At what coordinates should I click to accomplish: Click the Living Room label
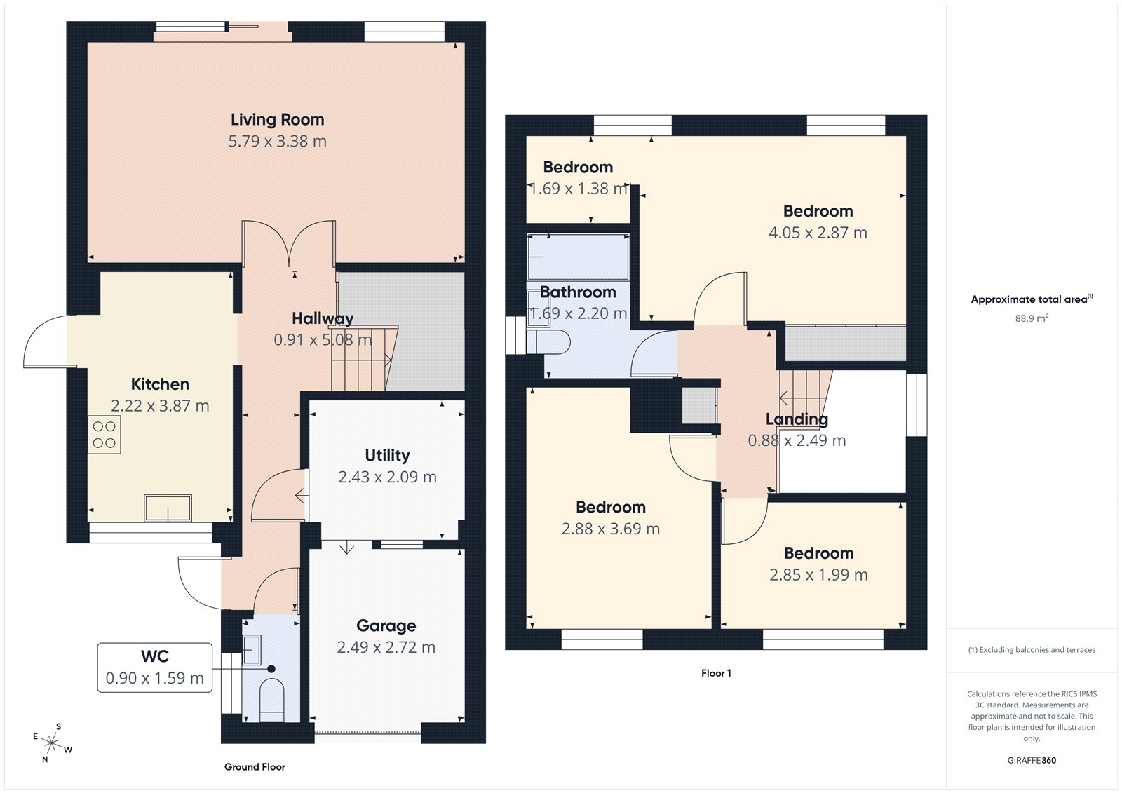277,120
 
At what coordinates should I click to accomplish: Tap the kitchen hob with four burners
104,435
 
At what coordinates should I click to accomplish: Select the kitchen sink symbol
168,508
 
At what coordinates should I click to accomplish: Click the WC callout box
154,667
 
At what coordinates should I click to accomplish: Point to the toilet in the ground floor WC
271,698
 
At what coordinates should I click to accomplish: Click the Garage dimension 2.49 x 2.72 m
386,647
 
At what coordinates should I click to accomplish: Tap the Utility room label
387,456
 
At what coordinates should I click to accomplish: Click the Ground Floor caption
255,767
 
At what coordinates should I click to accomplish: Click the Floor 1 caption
716,673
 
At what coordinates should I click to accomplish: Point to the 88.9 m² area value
1032,318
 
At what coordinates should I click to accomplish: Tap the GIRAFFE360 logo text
1032,760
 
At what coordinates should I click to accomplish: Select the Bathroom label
578,292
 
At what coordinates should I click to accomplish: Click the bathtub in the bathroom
578,257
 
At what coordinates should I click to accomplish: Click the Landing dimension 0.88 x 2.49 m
797,441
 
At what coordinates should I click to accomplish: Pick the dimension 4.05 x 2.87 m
818,233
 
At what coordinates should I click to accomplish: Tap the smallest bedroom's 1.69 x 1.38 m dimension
578,189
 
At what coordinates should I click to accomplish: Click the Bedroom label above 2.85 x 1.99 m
818,553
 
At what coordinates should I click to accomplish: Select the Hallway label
323,319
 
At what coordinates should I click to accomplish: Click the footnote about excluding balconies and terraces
1032,650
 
